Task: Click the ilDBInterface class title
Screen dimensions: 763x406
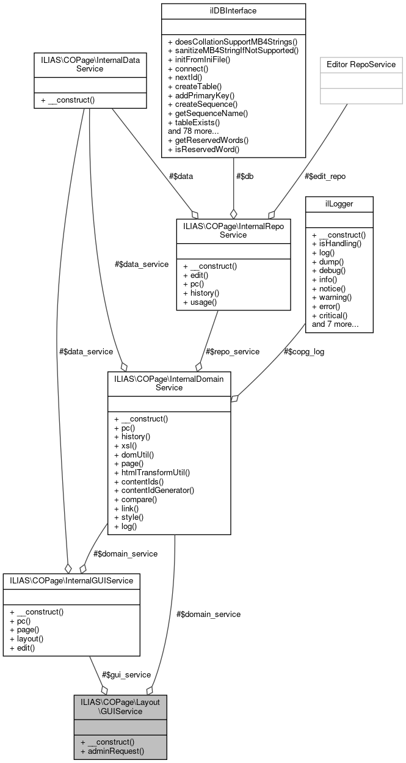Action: [233, 12]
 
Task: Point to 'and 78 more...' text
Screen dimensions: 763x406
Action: [194, 131]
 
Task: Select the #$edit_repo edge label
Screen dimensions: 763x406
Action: [325, 176]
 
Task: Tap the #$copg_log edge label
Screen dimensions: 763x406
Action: [303, 352]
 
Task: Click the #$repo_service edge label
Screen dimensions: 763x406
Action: [233, 352]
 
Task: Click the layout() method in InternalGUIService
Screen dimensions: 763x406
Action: [26, 638]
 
